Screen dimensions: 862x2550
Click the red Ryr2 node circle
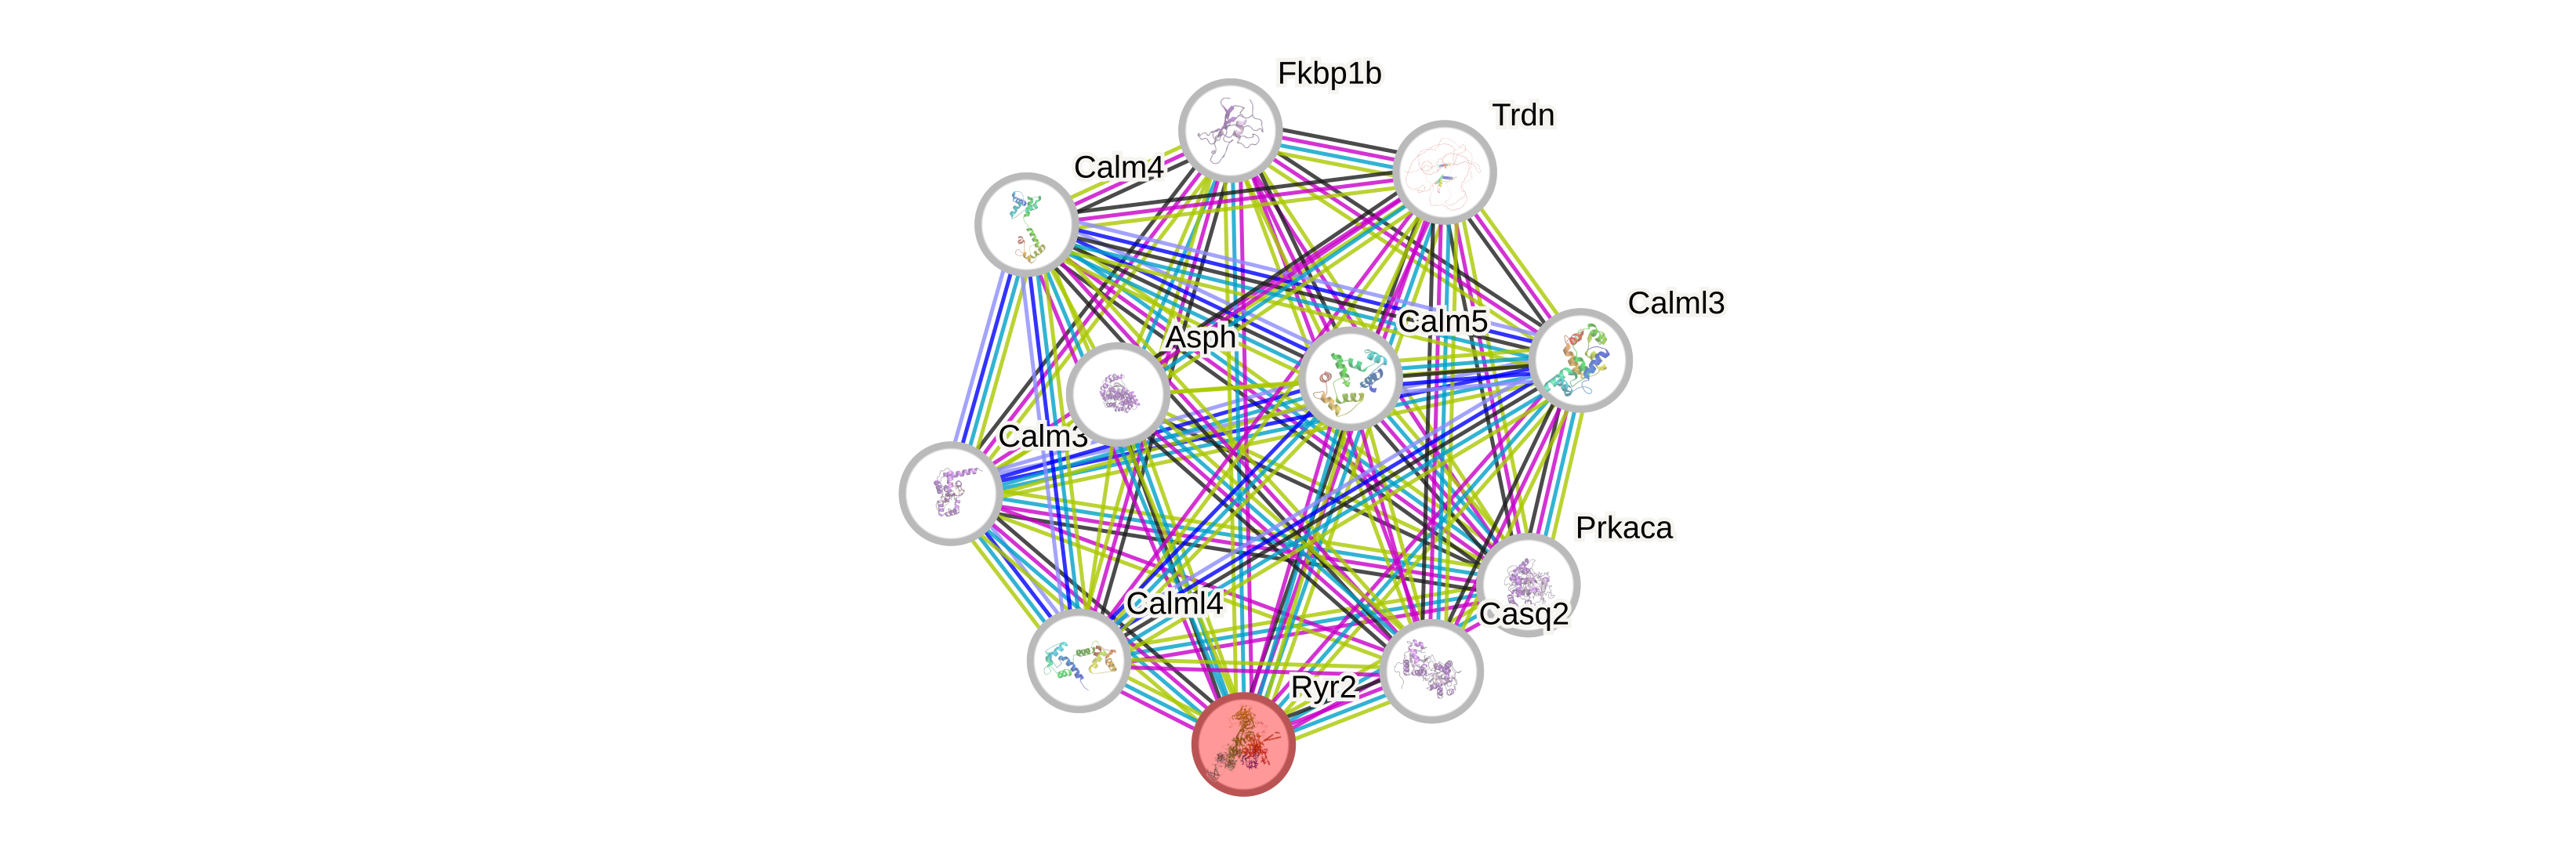tap(1243, 744)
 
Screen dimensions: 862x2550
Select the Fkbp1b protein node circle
tap(1231, 129)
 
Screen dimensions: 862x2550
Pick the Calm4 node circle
tap(1027, 223)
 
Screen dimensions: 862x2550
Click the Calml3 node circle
tap(1580, 359)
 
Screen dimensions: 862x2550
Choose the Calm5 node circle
tap(1349, 378)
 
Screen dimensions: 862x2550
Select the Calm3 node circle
tap(950, 493)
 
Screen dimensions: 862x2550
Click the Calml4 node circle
tap(1078, 660)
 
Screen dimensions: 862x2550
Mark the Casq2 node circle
tap(1431, 671)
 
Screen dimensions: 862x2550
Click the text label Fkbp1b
tap(1329, 73)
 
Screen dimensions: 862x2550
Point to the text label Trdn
tap(1523, 114)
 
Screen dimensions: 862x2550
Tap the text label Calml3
tap(1676, 302)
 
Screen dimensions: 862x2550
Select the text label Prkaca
tap(1624, 527)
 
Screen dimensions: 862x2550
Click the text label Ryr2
tap(1322, 686)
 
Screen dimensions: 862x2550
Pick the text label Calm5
tap(1442, 321)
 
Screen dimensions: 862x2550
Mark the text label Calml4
tap(1175, 603)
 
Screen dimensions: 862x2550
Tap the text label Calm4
tap(1119, 167)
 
